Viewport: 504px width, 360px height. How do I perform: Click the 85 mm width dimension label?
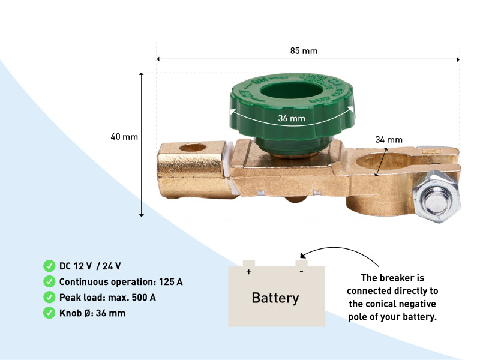click(304, 51)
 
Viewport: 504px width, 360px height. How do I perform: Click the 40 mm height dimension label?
click(124, 137)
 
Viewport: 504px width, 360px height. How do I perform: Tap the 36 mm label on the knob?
click(292, 118)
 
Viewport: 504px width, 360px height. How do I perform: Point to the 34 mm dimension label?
click(388, 139)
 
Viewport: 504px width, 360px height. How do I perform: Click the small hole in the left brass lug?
click(192, 147)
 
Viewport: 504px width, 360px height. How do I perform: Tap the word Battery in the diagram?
click(275, 298)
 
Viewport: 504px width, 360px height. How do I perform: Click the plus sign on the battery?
click(248, 272)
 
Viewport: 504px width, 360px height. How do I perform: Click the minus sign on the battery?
click(301, 272)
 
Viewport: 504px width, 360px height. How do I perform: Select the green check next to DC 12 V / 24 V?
click(49, 266)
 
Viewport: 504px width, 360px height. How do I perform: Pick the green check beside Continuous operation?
click(49, 281)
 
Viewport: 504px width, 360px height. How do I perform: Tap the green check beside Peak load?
click(49, 297)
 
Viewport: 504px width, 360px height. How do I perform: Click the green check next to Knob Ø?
click(49, 313)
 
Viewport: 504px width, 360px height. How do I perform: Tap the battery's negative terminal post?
click(302, 263)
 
